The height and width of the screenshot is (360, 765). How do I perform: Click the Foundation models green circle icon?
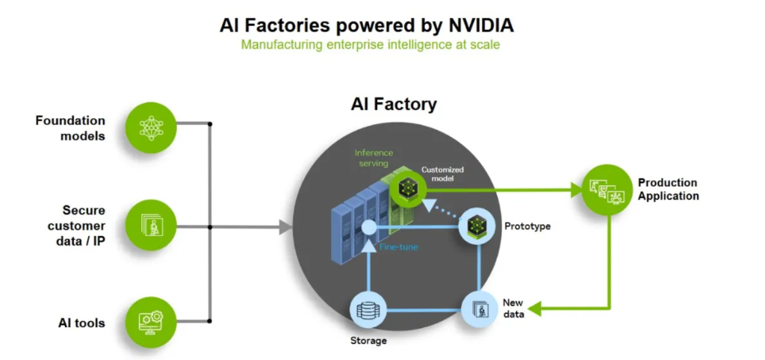point(152,128)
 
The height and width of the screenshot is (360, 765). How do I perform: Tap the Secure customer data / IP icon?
point(152,225)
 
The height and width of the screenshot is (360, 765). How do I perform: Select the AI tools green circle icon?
point(152,322)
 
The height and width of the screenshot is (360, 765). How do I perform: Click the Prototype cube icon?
point(477,225)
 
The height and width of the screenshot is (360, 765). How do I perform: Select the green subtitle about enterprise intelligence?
point(370,45)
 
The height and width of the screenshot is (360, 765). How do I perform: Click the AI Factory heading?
point(394,105)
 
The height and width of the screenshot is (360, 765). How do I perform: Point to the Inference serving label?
point(374,158)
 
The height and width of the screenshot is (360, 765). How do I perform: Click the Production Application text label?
point(668,189)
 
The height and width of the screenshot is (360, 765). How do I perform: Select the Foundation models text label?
point(70,128)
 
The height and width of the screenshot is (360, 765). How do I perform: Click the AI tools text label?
point(81,323)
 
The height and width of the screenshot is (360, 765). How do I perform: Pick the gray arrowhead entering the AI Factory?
point(285,226)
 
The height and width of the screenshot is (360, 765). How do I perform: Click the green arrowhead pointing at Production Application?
point(575,190)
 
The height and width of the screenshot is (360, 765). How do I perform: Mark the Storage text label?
point(368,341)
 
